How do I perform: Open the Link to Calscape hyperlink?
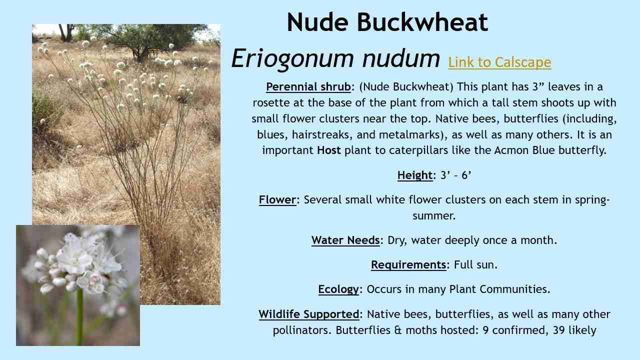[499, 62]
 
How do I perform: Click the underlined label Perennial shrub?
[308, 87]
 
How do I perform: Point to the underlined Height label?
[415, 175]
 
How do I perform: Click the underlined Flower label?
[277, 200]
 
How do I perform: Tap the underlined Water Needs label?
[345, 240]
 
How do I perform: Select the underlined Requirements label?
[408, 264]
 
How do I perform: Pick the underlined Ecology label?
[338, 289]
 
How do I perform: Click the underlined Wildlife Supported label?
[309, 314]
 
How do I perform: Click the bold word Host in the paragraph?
[329, 150]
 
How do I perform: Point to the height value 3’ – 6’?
[456, 175]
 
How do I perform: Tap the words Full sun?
[475, 264]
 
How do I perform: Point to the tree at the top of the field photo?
[145, 37]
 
